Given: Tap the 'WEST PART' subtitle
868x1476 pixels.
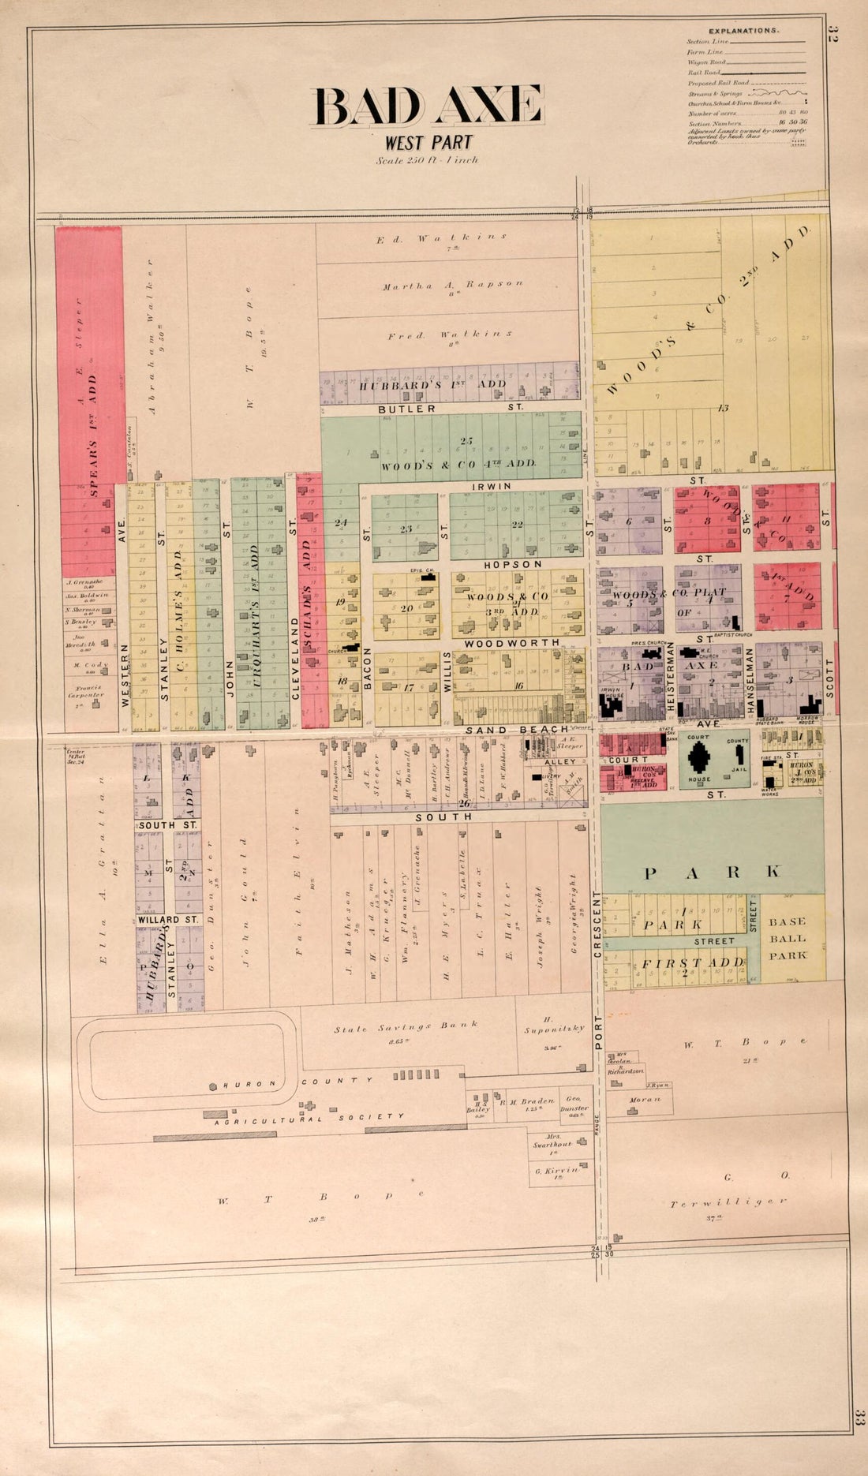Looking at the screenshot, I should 428,143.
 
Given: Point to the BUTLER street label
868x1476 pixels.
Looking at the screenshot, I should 406,409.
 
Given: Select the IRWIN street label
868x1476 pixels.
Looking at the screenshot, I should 491,487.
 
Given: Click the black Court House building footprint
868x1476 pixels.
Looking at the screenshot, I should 699,757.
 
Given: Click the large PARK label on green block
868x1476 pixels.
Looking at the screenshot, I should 713,872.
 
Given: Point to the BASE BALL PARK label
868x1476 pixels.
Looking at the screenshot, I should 788,938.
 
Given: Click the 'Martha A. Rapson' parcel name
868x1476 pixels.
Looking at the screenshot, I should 452,285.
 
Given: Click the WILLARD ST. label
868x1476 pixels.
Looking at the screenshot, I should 169,919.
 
